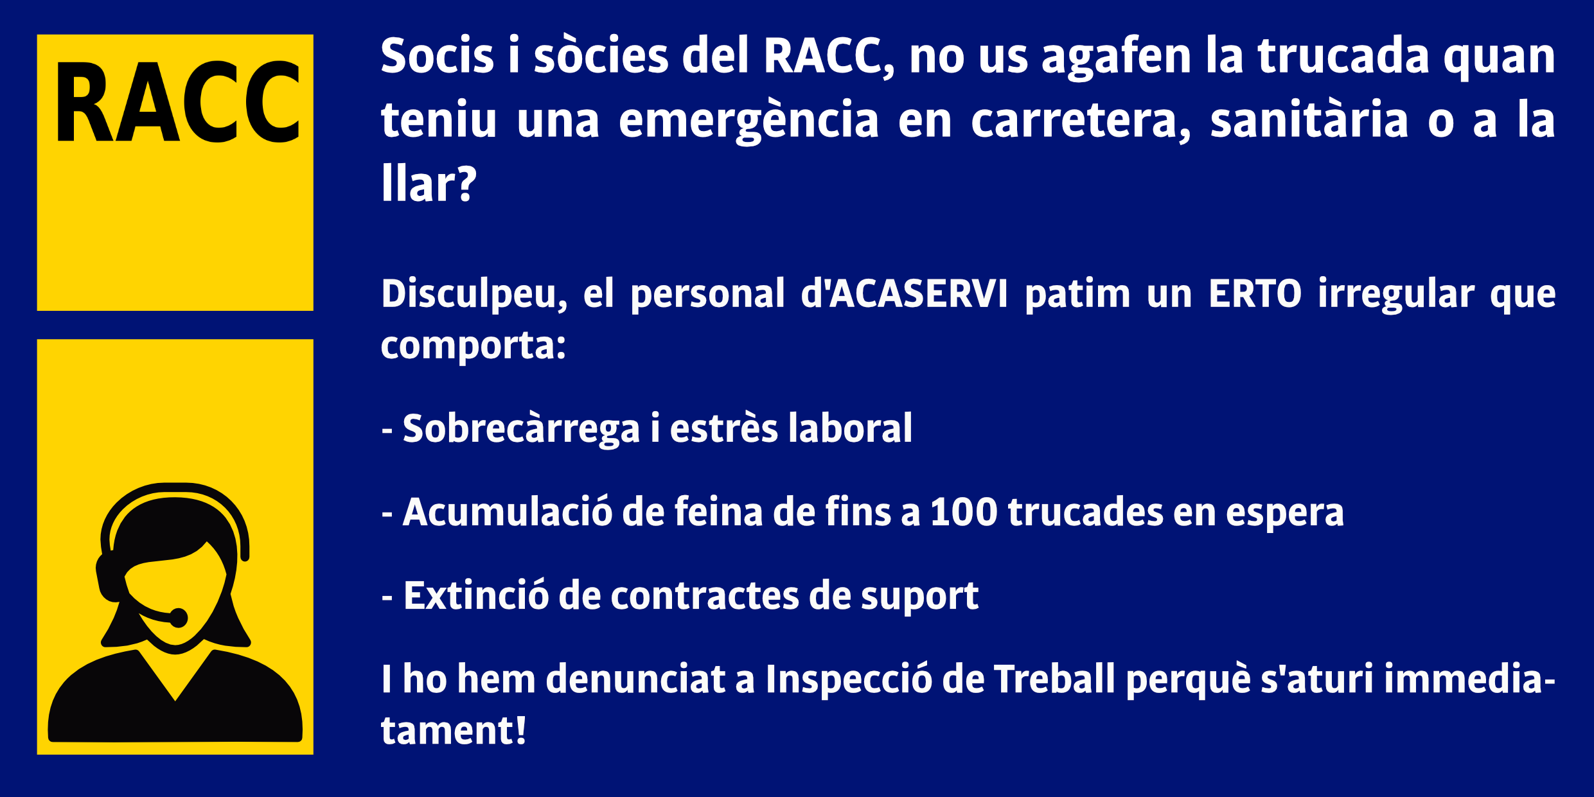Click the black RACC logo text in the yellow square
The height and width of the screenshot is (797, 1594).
tap(178, 102)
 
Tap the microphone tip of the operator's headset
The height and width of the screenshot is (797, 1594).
tap(178, 618)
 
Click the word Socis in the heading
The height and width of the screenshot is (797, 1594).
tap(438, 56)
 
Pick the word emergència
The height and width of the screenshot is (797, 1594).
tap(748, 120)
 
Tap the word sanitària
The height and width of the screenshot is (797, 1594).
tap(1309, 120)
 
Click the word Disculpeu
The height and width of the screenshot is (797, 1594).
tap(474, 295)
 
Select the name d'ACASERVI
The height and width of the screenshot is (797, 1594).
tap(904, 294)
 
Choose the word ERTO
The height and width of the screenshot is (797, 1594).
tap(1255, 294)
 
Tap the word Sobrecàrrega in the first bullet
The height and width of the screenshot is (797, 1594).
tap(521, 428)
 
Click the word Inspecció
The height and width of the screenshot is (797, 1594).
tap(848, 679)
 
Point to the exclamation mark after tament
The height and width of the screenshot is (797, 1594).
tap(519, 731)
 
